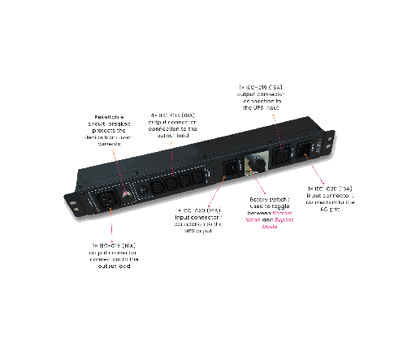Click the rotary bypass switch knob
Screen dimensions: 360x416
point(256,164)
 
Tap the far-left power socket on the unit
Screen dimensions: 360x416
point(106,198)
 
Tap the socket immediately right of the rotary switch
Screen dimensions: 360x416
point(284,154)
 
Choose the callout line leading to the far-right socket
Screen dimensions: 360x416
point(317,175)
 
